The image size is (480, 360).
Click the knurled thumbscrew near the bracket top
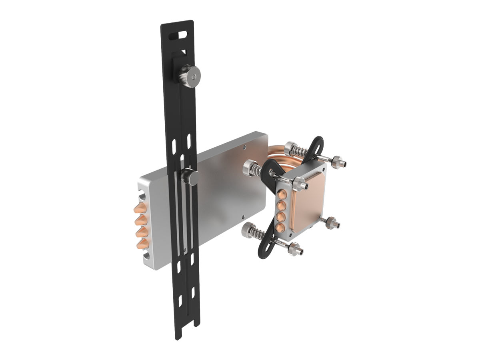189,76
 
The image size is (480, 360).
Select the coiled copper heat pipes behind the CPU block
280,154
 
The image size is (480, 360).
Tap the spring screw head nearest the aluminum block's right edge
251,167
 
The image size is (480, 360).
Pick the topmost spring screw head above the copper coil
291,149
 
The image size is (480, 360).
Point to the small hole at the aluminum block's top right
245,146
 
